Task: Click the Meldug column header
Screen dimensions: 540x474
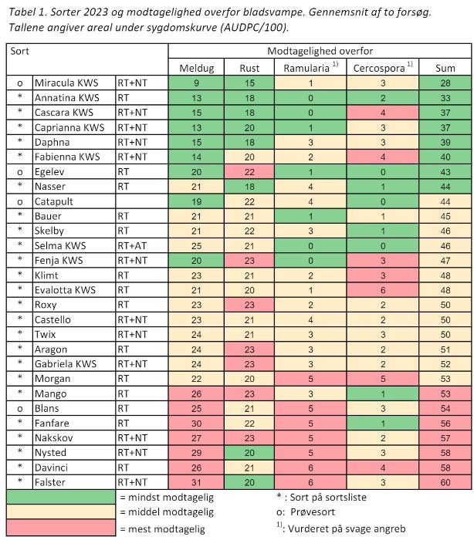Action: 196,68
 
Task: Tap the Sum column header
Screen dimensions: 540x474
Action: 446,68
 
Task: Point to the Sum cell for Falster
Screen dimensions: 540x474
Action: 446,482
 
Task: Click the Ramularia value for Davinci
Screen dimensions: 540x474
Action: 309,467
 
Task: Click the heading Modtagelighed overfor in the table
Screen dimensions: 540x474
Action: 320,51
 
